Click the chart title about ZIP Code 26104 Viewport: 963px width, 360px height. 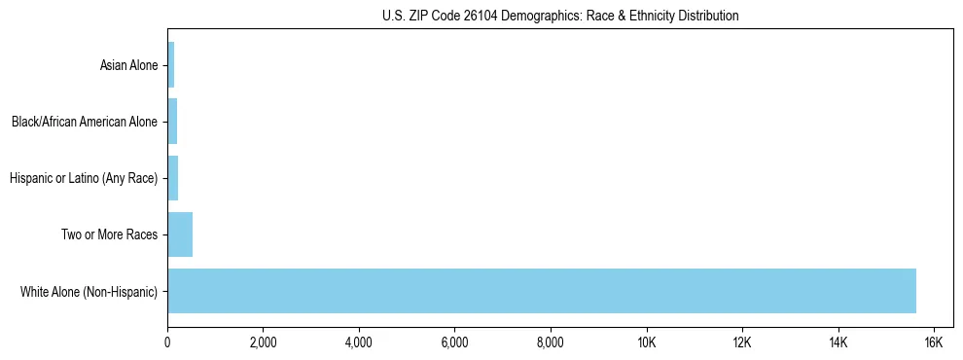coord(560,16)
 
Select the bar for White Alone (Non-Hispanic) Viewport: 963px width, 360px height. coord(541,291)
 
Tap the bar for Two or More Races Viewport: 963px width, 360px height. coord(180,234)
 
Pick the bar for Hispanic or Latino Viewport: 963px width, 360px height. coord(173,178)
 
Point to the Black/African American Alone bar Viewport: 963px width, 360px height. coord(172,123)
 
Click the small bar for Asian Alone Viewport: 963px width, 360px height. coord(171,66)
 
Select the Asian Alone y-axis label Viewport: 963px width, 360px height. coord(128,66)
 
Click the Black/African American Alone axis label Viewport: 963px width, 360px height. coord(85,123)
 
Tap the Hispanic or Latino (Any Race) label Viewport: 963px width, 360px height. coord(84,178)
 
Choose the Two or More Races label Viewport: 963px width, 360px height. coord(110,234)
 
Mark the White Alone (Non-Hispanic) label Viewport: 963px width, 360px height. coord(89,291)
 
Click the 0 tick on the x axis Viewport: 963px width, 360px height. coord(167,342)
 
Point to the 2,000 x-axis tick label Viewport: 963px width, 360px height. coord(263,342)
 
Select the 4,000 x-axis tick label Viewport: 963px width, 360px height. coord(359,342)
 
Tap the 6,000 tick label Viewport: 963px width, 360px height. coord(454,342)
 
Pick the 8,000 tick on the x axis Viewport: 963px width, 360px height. coord(551,342)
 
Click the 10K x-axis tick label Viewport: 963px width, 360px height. coord(646,342)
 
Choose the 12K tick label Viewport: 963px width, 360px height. coord(742,342)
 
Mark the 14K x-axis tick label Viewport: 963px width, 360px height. coord(838,342)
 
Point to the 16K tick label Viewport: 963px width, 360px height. coord(933,342)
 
